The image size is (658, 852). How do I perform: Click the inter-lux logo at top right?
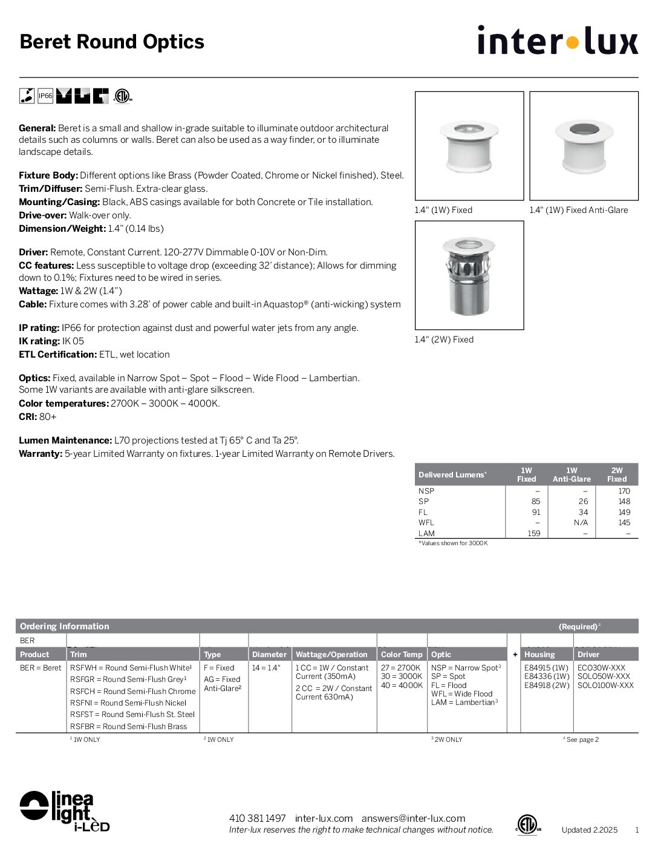557,41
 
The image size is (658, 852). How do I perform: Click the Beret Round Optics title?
112,42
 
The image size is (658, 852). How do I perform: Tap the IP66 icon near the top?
45,96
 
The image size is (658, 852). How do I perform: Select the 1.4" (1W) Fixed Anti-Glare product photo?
584,146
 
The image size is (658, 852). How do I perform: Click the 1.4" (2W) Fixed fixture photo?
469,275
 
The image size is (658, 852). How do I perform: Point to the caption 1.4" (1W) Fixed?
443,210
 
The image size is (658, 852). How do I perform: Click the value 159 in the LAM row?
533,533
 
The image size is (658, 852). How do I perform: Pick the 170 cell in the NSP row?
624,491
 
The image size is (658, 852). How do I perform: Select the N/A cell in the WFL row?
581,522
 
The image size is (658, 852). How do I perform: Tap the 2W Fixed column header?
616,474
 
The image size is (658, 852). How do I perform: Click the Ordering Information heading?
65,626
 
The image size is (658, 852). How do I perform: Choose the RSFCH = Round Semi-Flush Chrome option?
132,691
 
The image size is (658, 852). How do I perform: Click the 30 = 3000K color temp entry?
401,677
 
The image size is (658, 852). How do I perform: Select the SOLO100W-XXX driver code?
605,685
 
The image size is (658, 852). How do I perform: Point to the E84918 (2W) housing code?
547,685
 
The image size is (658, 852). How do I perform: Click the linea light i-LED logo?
64,811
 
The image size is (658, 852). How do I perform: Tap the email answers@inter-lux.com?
413,818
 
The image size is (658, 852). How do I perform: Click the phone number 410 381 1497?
257,818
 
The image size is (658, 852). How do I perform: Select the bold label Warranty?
41,454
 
